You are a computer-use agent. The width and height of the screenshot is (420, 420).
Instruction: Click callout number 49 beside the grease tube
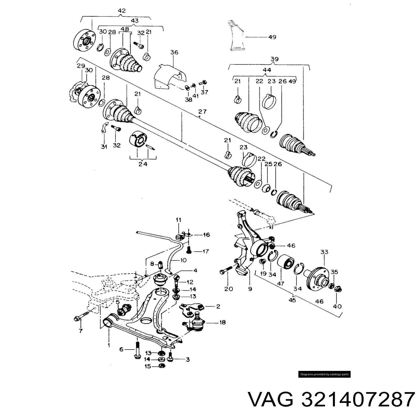point(272,37)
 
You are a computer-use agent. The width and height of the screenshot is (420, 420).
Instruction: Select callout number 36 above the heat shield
point(174,52)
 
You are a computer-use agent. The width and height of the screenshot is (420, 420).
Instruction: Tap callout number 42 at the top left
point(122,11)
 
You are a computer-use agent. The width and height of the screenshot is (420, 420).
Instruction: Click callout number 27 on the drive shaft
point(202,111)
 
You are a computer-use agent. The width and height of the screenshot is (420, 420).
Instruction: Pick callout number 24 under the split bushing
point(143,164)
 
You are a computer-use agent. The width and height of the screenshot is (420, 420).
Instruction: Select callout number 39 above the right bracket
point(274,59)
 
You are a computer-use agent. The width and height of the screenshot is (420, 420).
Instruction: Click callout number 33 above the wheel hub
point(324,252)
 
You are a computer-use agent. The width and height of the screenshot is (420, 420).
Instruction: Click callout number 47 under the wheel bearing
point(281,284)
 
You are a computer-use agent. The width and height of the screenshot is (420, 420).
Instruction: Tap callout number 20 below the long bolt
point(229,289)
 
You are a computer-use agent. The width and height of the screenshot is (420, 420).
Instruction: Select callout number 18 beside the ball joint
point(222,322)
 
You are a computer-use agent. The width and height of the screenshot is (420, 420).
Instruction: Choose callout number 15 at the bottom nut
point(148,366)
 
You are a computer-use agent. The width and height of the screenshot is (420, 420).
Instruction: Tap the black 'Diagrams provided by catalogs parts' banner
point(324,374)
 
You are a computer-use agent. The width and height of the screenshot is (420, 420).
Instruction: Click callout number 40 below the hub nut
point(337,306)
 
